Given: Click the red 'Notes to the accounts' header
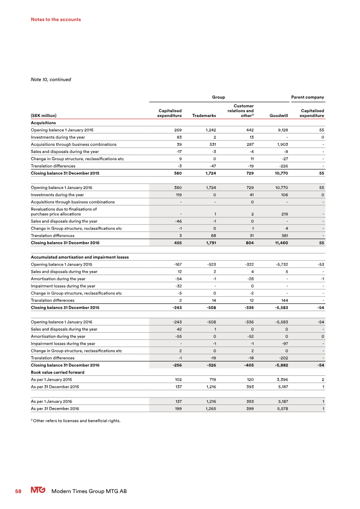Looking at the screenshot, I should click(56, 19).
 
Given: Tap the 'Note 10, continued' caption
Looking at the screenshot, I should click(51, 80).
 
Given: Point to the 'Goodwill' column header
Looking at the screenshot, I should click(279, 116).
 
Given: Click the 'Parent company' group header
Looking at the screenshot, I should click(308, 97).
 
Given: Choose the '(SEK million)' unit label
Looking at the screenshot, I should click(44, 116).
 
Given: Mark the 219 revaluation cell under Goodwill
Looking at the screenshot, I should click(284, 214).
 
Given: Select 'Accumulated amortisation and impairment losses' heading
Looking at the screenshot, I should click(80, 257).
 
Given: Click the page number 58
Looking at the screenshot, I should click(18, 491).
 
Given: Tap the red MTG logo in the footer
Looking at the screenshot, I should click(38, 491).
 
